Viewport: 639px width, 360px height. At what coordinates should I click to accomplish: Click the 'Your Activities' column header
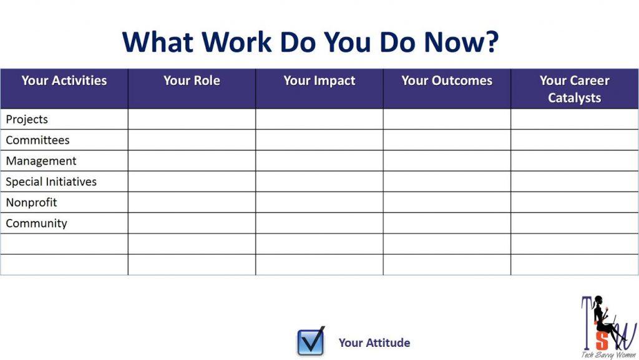(x=64, y=80)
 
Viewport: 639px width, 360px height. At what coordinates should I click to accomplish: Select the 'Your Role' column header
(x=192, y=80)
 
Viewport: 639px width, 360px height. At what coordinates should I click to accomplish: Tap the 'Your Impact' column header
(x=319, y=80)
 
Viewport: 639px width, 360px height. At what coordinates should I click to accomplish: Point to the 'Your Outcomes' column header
(x=447, y=80)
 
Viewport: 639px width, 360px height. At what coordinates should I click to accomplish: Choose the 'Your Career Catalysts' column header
(x=574, y=89)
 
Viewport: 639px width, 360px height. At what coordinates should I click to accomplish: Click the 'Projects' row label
(x=26, y=119)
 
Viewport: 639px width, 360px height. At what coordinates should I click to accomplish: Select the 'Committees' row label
(x=37, y=140)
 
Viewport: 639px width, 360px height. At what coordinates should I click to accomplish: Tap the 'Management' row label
(x=41, y=161)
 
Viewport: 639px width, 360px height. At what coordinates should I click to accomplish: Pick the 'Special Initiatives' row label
(x=51, y=182)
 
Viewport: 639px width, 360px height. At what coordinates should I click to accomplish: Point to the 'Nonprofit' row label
(x=31, y=202)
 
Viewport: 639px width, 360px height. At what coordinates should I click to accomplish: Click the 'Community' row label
(x=36, y=223)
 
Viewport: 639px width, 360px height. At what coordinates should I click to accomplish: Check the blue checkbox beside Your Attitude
(x=311, y=341)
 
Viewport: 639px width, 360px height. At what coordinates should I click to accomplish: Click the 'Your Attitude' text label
(x=374, y=343)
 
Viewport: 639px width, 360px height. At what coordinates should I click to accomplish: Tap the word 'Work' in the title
(x=237, y=42)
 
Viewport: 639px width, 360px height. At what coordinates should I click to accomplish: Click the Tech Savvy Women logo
(x=608, y=327)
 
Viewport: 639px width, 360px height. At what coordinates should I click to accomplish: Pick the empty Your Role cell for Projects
(x=192, y=119)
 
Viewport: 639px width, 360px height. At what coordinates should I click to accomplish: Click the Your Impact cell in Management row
(x=319, y=161)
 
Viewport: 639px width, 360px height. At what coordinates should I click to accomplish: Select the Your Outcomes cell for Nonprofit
(x=447, y=202)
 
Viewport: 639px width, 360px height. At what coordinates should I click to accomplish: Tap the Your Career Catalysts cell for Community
(x=574, y=223)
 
